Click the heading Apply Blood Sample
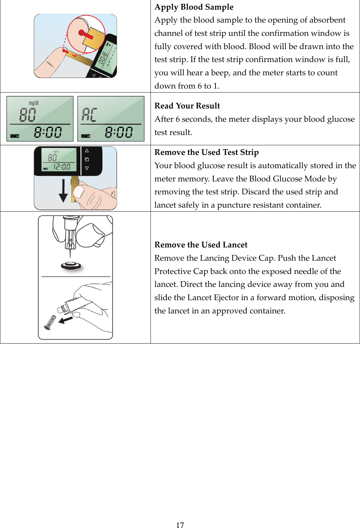194,7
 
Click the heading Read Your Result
187,106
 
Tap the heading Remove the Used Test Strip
206,152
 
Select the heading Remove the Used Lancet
201,245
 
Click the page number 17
180,525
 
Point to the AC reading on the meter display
90,115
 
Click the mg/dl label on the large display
33,103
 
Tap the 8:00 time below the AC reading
119,132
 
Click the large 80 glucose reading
28,115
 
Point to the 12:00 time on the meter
62,167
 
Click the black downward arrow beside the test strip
63,191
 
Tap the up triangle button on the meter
87,151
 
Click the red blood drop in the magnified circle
82,33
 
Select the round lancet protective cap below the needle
71,266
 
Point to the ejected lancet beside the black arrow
50,322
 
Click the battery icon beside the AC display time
86,136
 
